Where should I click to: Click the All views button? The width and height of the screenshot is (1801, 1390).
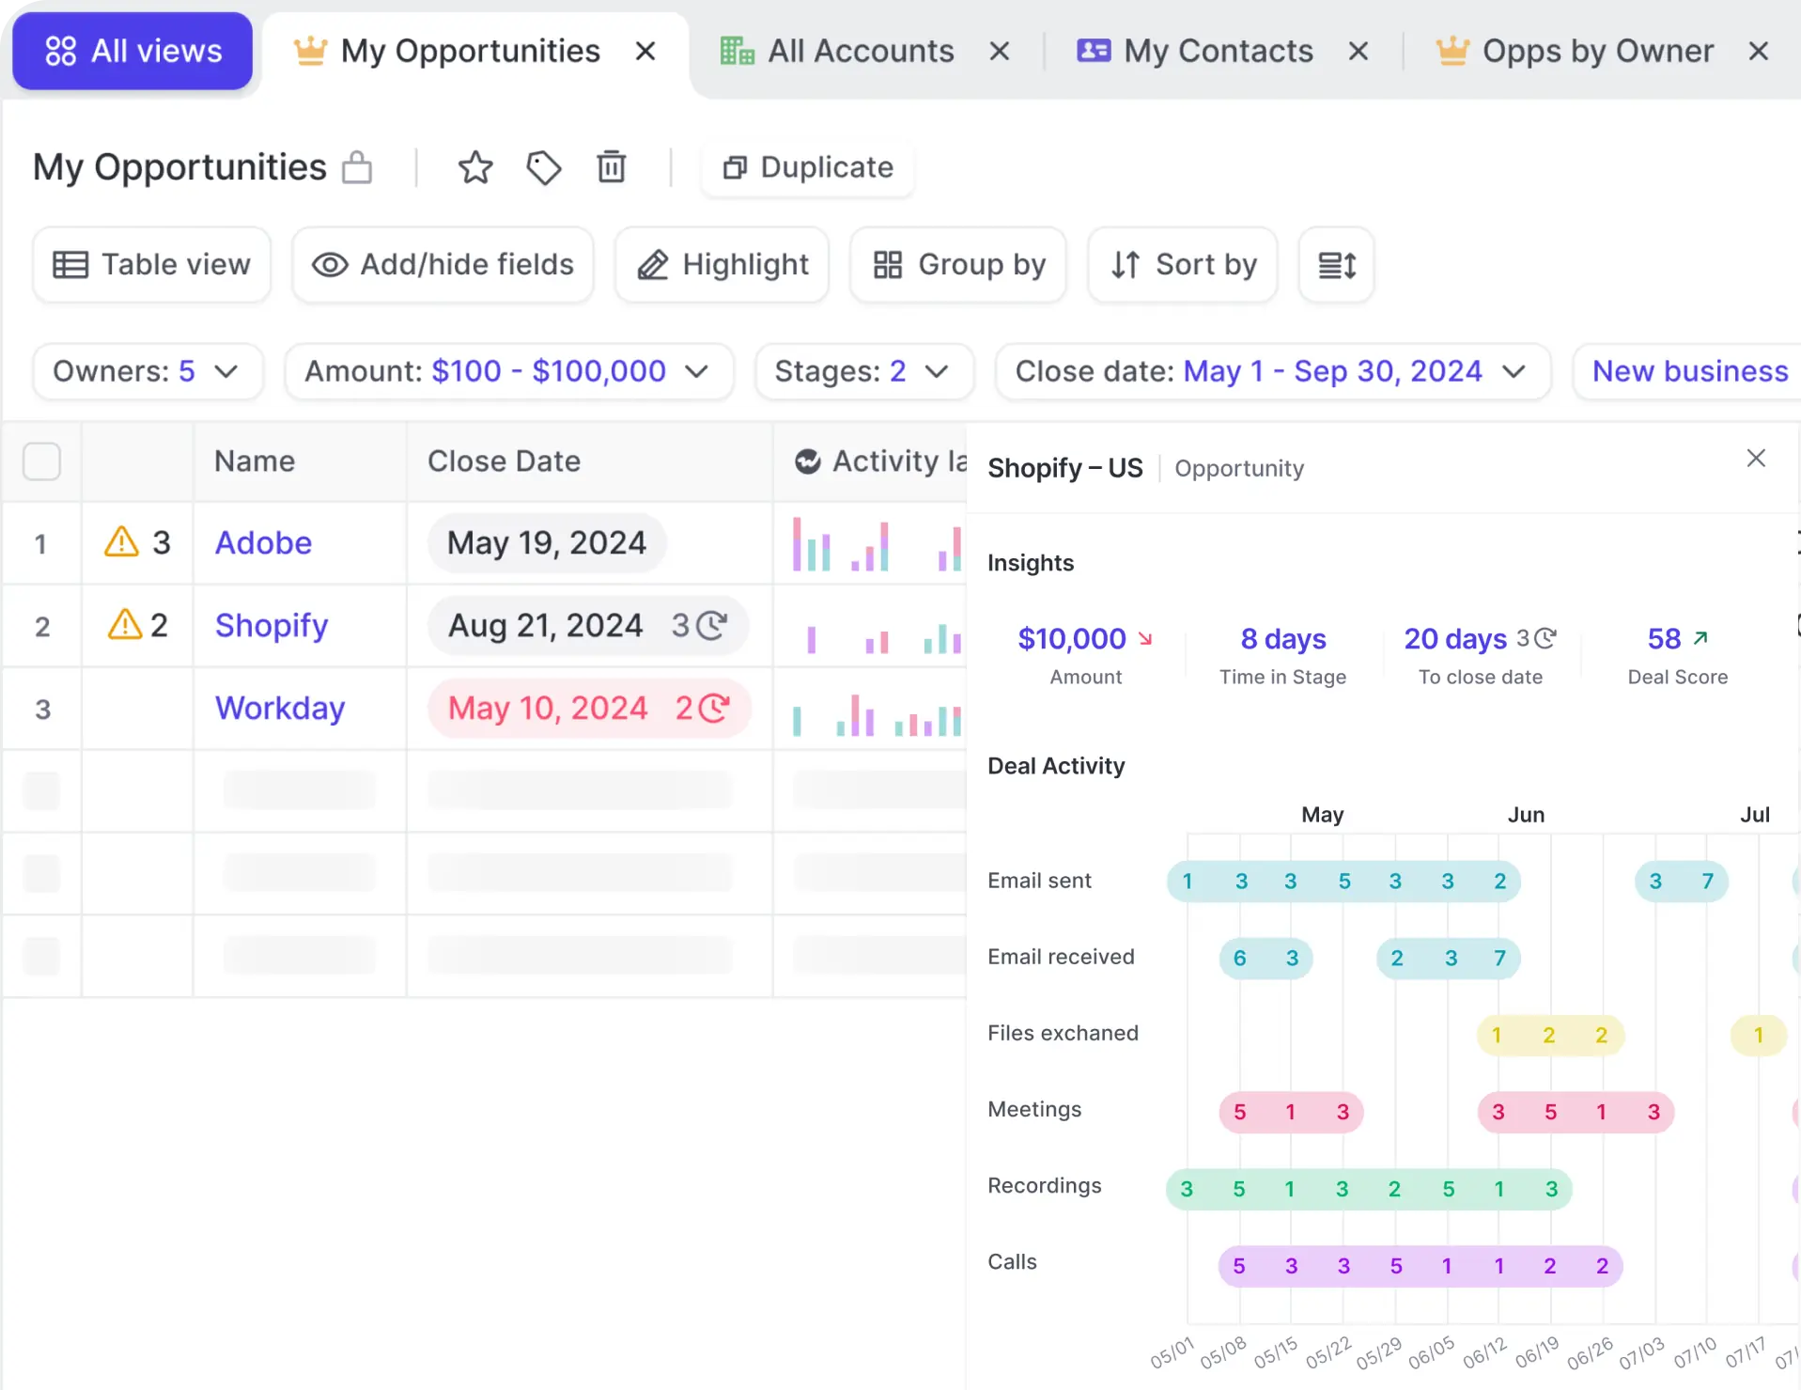(x=132, y=51)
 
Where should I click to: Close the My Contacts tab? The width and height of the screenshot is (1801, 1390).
(x=1358, y=51)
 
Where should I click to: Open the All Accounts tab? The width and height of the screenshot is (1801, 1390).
(x=860, y=51)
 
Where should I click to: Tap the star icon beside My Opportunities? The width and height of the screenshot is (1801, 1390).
(x=475, y=167)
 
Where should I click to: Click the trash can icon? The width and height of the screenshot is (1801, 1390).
(x=612, y=167)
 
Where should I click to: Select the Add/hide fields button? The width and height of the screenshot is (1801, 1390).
(x=442, y=265)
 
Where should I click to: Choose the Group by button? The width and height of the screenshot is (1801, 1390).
(x=957, y=265)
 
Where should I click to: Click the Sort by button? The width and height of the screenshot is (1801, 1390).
(x=1182, y=265)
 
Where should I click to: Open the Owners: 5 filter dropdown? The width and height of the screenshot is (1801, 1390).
(x=147, y=371)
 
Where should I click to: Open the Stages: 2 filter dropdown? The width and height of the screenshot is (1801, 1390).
(x=863, y=371)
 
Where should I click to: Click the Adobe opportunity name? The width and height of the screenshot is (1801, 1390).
(x=263, y=542)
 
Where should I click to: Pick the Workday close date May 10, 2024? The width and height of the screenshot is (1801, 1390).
(x=548, y=708)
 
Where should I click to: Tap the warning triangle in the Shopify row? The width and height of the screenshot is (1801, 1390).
(x=125, y=625)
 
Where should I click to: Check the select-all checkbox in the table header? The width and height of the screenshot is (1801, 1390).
(x=41, y=461)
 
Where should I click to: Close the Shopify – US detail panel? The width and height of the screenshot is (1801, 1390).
(x=1755, y=458)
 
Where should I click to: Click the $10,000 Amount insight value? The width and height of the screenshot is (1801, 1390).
(x=1072, y=639)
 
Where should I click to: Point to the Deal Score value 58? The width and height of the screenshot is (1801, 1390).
(x=1664, y=639)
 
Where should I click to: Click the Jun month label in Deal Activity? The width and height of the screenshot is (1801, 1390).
(x=1526, y=815)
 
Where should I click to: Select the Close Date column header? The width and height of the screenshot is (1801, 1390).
(x=504, y=461)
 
